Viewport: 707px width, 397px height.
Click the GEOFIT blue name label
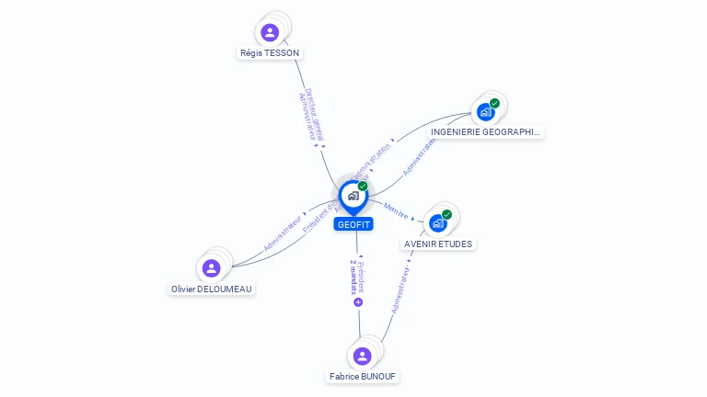click(353, 224)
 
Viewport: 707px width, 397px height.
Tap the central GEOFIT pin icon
click(353, 196)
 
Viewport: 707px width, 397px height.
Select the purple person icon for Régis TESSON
click(270, 33)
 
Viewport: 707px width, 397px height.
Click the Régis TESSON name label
click(270, 53)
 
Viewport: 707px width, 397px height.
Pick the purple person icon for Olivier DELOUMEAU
click(212, 268)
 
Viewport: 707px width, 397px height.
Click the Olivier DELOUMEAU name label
click(212, 289)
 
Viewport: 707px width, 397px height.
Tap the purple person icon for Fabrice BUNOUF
click(362, 356)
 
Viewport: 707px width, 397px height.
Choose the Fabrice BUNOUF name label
click(365, 377)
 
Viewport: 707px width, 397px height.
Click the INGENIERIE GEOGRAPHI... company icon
click(484, 112)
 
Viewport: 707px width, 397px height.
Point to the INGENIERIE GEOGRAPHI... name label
click(487, 132)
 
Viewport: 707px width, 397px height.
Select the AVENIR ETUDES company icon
click(437, 223)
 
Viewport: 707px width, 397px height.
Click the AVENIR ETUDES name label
click(438, 244)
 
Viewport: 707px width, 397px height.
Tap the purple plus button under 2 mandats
click(358, 301)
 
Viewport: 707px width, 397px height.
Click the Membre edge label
click(397, 209)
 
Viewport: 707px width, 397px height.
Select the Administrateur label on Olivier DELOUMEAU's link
click(283, 233)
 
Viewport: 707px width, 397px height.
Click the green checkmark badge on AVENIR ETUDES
click(446, 215)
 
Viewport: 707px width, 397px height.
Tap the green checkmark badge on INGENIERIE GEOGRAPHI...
click(494, 104)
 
